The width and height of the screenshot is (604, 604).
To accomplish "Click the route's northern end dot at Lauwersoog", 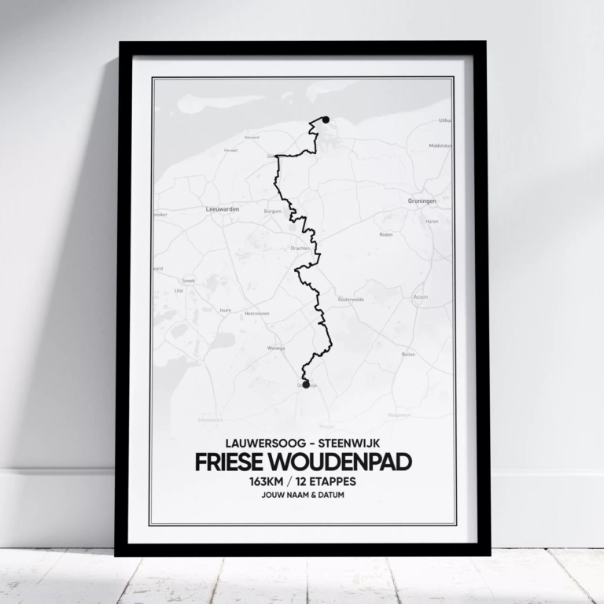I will point(326,120).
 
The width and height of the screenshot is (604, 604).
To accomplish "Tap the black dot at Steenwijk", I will point(306,385).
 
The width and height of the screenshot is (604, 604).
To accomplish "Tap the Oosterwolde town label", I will point(350,299).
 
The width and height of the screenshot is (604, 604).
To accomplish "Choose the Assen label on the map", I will point(421,296).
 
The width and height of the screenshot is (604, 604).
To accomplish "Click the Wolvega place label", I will point(276,347).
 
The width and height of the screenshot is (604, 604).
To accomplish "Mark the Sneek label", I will point(188,280).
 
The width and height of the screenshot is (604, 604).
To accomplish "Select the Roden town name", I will point(385,234).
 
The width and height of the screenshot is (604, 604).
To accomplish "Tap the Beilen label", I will point(408,355).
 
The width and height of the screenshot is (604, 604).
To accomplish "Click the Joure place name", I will point(225,310).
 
